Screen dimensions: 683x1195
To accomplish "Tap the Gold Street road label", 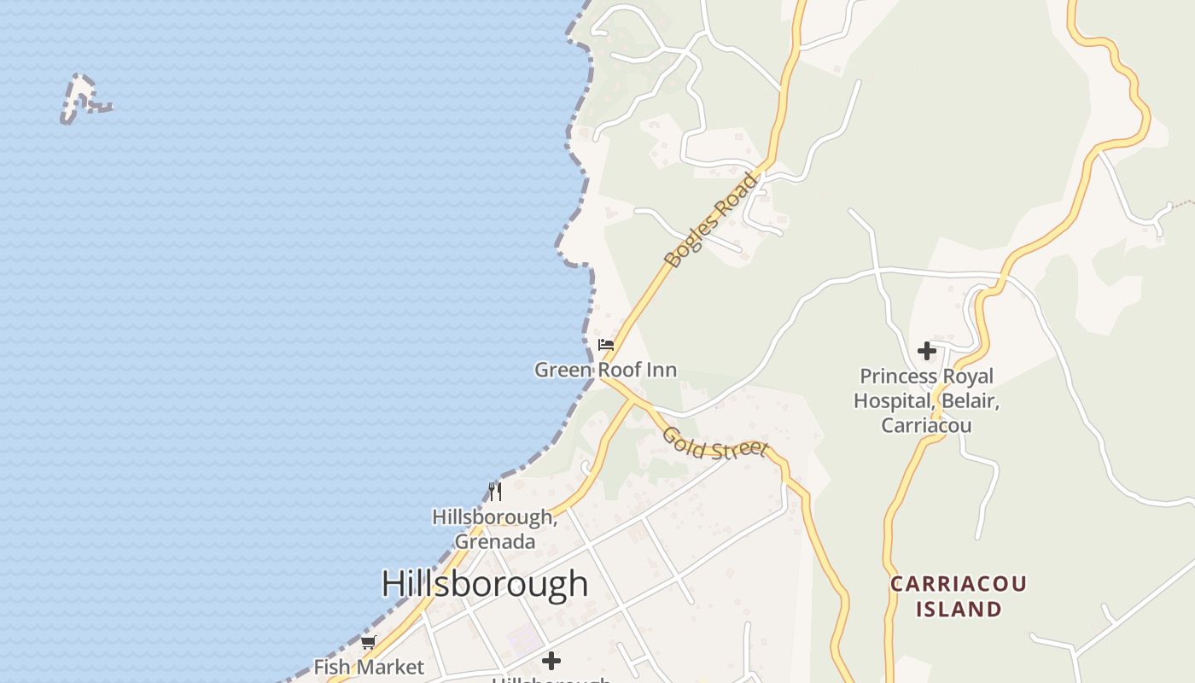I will coord(715,443).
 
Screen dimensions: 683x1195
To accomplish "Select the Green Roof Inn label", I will coord(605,370).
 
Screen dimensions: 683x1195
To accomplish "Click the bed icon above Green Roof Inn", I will coord(606,345).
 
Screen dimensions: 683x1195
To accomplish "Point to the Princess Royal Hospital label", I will coord(926,400).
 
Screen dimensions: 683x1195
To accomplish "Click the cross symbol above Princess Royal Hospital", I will coord(926,351).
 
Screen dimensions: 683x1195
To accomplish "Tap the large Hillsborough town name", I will coord(484,584).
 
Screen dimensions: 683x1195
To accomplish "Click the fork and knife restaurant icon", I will coord(495,491).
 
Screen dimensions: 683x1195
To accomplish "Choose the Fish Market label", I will coord(369,667).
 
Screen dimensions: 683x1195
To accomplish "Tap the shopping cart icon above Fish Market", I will coord(369,642).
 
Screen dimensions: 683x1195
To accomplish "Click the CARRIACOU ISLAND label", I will coord(958,597).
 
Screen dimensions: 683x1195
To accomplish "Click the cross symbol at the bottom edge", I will coord(551,661).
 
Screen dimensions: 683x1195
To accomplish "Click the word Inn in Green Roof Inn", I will coord(662,370).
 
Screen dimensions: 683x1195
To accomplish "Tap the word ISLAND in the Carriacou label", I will coord(958,610).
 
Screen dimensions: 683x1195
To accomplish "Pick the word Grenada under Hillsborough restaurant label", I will coord(495,541).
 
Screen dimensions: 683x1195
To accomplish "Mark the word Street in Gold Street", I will coord(739,449).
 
